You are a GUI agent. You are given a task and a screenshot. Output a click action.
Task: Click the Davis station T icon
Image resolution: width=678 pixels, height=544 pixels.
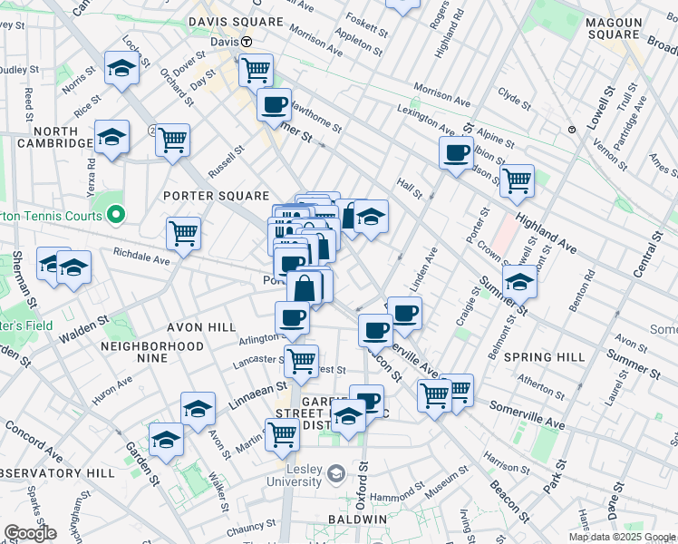246,42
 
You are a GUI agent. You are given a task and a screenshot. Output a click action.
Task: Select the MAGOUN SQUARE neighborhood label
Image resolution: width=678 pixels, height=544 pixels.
625,28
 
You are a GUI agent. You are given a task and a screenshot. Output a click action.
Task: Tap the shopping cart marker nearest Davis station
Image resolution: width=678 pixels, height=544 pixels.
257,68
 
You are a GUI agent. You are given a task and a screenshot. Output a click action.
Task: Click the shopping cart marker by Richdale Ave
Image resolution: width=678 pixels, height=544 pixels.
183,232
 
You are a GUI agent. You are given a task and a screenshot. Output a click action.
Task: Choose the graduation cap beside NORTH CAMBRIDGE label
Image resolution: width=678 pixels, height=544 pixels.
111,137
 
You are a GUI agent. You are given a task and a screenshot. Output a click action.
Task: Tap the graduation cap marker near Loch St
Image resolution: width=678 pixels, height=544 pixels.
121,68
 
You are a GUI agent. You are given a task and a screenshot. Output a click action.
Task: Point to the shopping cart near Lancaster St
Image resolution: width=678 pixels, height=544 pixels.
301,360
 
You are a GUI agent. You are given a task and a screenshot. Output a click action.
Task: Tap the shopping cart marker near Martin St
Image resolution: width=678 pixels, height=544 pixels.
283,434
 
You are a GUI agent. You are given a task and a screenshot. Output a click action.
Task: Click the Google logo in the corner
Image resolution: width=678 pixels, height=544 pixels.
31,533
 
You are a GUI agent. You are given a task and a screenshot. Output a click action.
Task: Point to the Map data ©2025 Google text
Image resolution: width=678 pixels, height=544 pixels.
622,537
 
